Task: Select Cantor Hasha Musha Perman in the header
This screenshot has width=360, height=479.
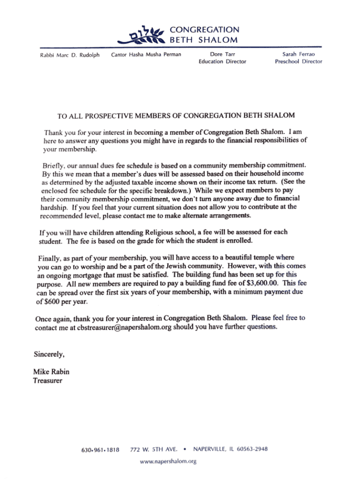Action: (145, 55)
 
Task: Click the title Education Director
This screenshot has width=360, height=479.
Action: (222, 61)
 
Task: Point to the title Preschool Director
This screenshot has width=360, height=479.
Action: (298, 61)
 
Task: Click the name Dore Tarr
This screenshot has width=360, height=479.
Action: (222, 55)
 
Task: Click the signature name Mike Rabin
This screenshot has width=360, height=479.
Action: (51, 372)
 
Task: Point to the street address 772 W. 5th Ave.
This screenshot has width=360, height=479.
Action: (153, 450)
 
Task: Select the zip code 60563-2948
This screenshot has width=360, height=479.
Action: (252, 449)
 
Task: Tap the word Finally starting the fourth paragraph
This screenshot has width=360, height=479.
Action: (50, 258)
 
